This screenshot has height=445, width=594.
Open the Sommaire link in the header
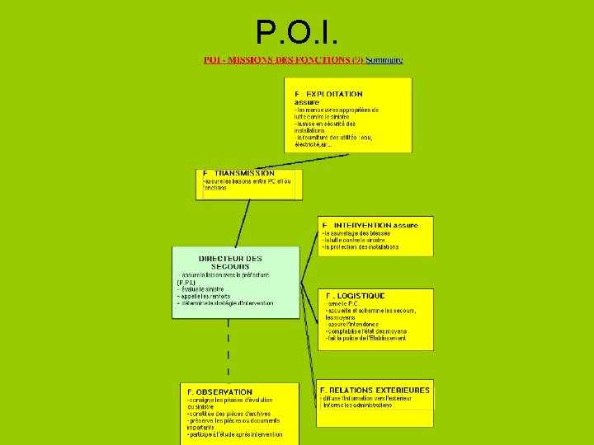tap(384, 60)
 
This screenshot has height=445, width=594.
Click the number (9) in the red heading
tap(357, 60)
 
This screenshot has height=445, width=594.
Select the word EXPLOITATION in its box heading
tap(334, 95)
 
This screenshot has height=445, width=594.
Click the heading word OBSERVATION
tap(224, 391)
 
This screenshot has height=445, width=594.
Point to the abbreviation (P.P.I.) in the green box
tap(186, 283)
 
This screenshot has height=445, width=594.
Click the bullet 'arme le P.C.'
tap(346, 303)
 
